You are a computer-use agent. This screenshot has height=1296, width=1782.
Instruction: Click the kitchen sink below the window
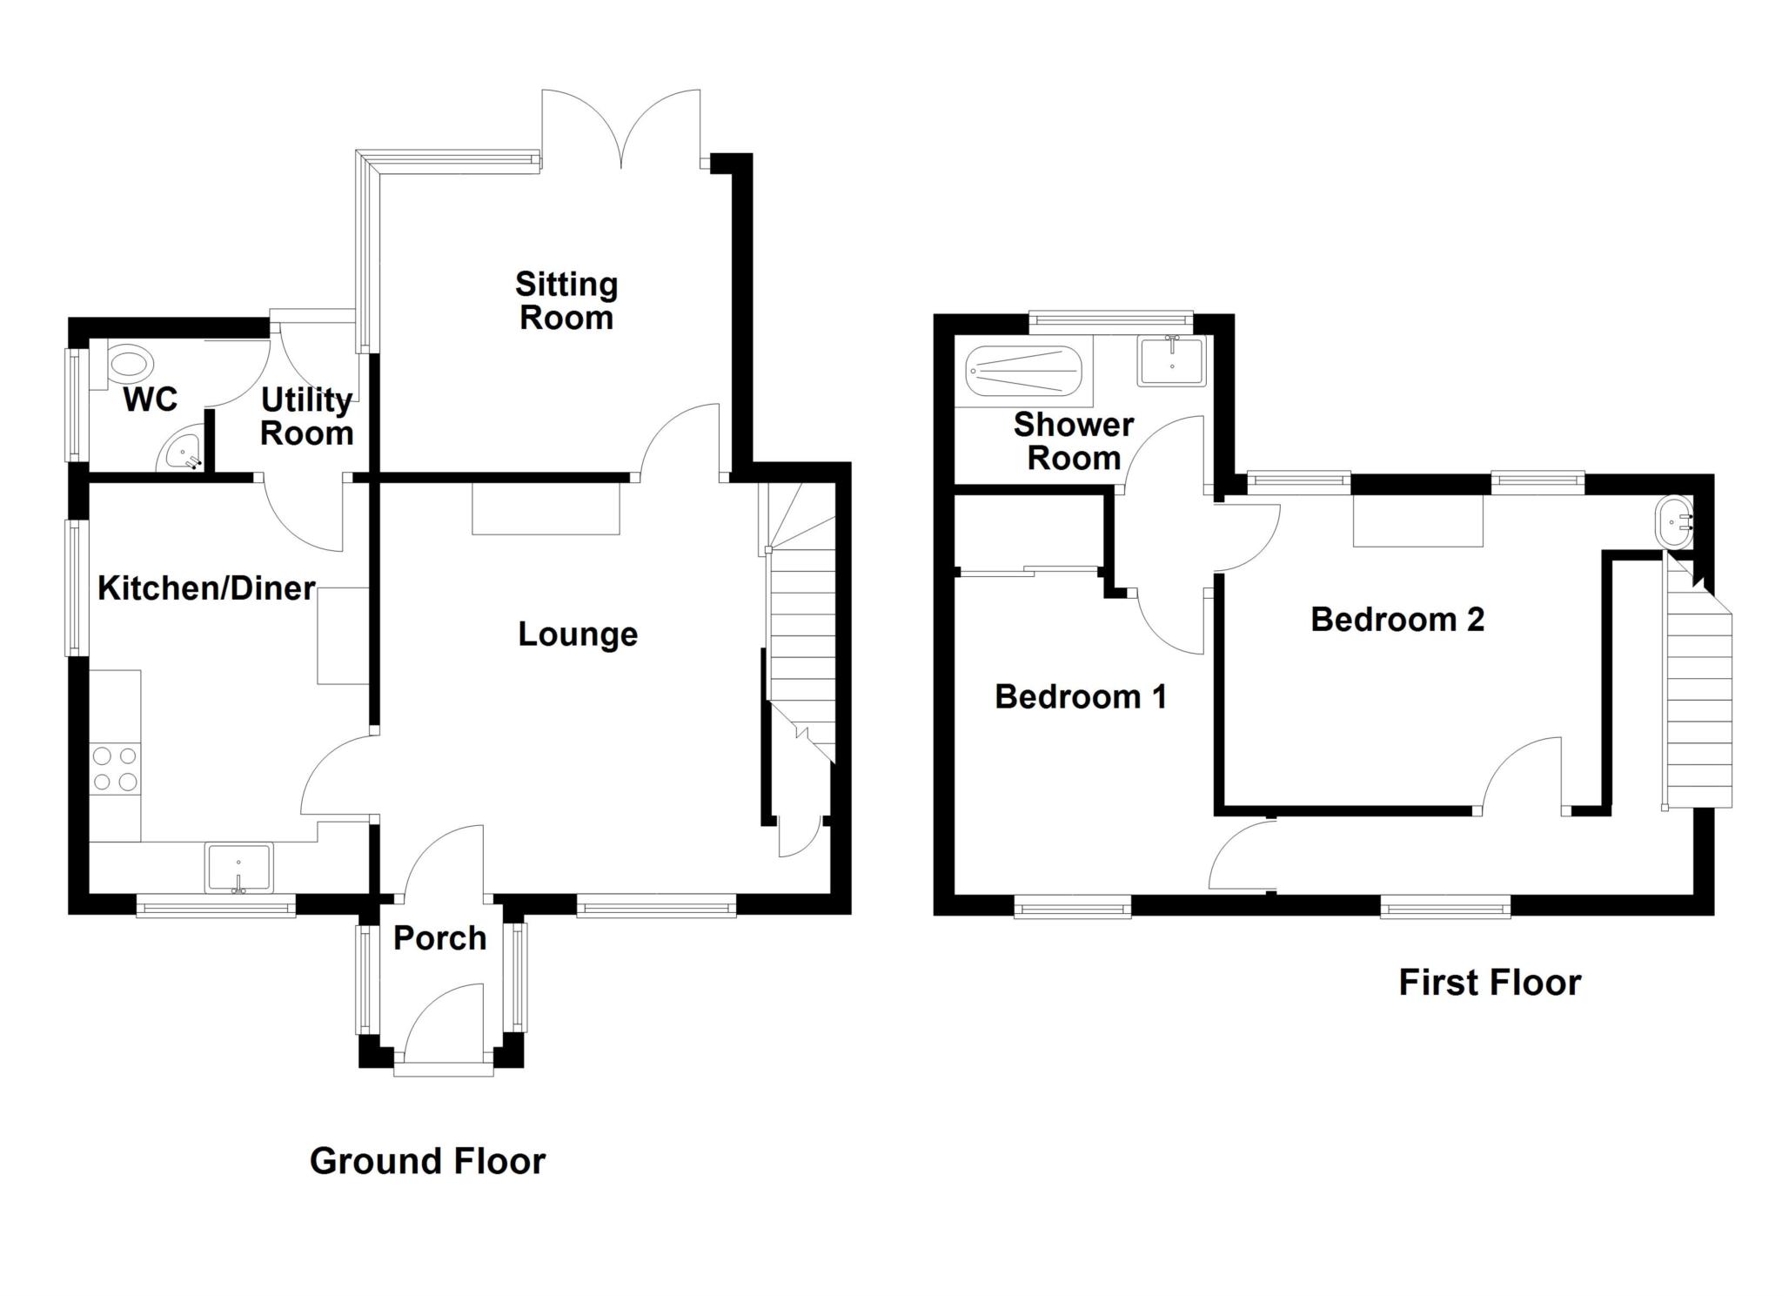pos(238,867)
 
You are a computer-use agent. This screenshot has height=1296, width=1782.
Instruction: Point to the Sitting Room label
pos(566,300)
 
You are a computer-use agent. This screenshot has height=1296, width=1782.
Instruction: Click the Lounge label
pos(578,634)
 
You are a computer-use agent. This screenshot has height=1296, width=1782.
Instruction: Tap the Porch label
pos(439,938)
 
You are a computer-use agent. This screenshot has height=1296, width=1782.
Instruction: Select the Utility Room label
pos(306,416)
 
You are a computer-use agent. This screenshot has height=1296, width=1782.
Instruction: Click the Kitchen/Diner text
pos(206,588)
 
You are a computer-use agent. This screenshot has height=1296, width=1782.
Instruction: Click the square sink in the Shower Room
pos(1171,361)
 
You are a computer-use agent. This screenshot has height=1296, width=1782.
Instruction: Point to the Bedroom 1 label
pos(1080,697)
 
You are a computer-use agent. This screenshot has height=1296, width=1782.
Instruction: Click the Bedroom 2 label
pos(1397,620)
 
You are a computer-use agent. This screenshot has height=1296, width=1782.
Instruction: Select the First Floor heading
pos(1489,983)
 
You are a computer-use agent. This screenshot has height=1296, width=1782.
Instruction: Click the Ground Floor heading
pos(427,1161)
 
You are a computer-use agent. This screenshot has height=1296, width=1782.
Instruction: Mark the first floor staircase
pos(1697,696)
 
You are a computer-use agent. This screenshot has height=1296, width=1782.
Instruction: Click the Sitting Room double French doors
pos(621,131)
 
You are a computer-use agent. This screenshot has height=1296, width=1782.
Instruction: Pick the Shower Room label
pos(1074,441)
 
